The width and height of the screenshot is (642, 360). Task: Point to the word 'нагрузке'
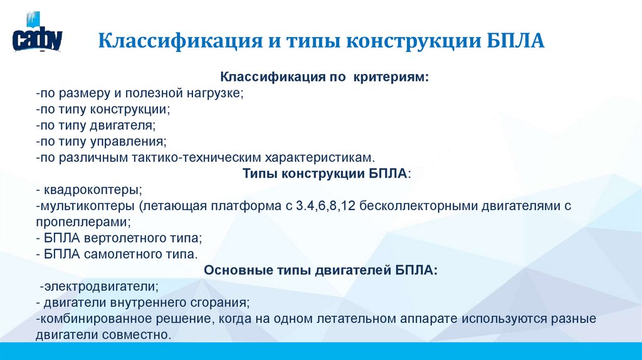click(x=213, y=93)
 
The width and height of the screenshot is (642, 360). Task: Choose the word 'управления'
click(x=132, y=141)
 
